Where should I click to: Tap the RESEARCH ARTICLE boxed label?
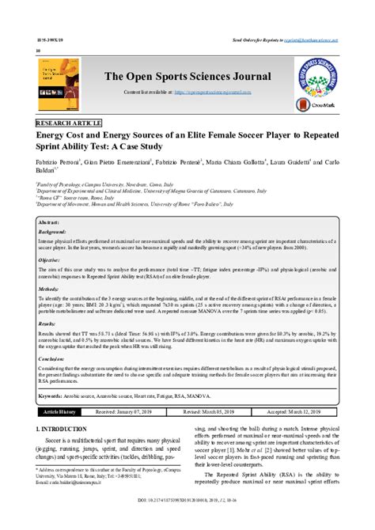pos(68,124)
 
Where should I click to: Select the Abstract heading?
pos(52,223)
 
